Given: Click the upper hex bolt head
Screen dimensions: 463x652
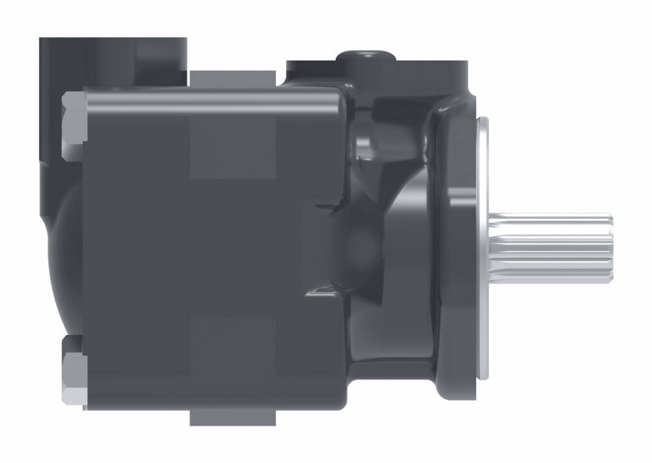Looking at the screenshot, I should [x=74, y=125].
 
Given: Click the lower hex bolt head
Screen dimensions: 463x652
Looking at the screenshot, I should [x=74, y=372].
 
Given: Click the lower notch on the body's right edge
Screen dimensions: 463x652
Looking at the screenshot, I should [x=323, y=291].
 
